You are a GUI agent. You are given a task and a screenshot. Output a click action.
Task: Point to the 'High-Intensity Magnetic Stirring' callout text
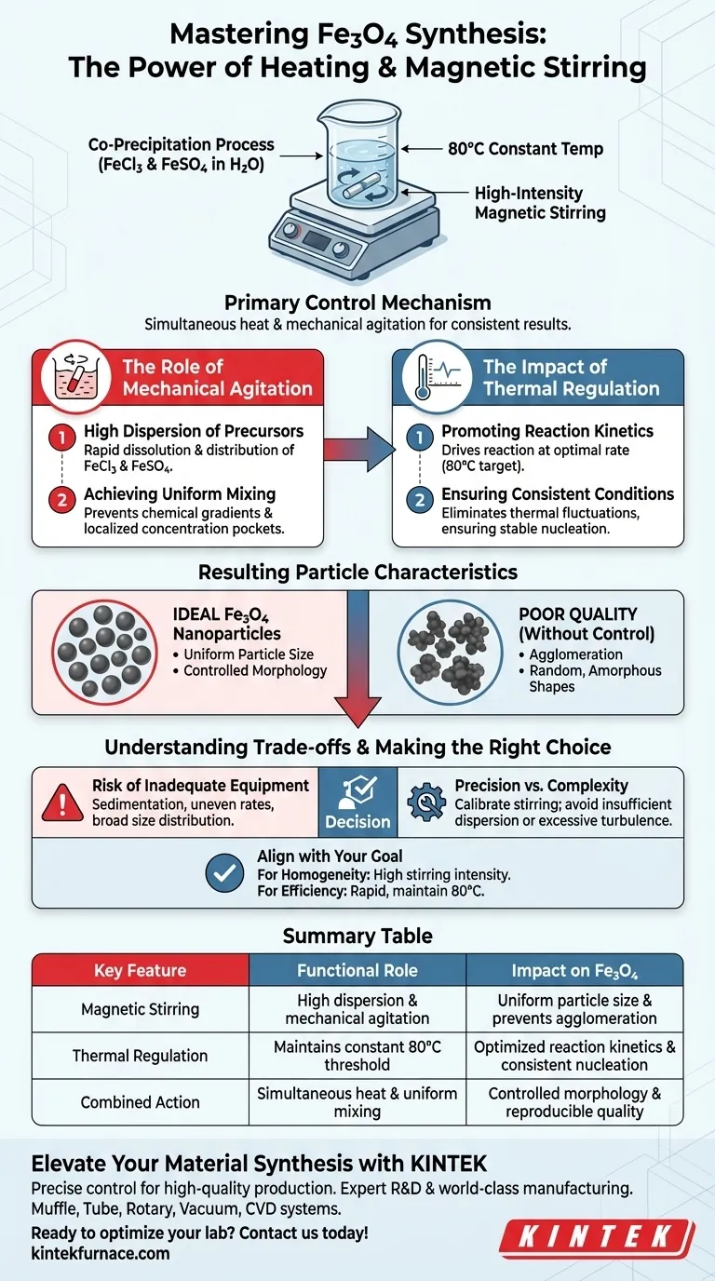point(540,203)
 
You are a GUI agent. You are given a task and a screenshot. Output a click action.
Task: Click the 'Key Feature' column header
point(140,971)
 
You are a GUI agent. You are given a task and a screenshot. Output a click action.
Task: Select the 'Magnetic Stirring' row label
point(140,1009)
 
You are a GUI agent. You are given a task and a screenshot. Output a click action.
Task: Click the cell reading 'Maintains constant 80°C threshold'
point(357,1057)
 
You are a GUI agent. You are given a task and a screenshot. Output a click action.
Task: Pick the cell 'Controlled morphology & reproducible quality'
point(574,1102)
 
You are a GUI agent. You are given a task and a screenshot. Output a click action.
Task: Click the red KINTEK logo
point(597,1236)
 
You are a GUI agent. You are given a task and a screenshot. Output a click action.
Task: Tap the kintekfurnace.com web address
point(101,1253)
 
